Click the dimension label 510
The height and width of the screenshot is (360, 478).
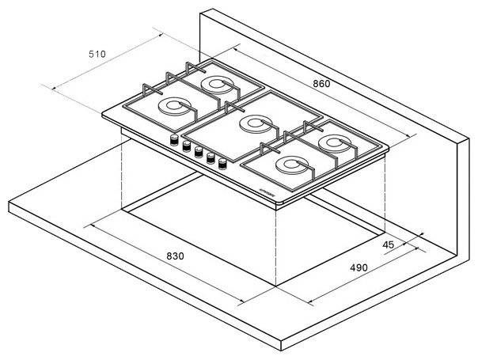coord(97,54)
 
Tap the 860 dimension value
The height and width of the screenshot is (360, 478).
coord(320,83)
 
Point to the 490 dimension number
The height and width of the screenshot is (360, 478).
coord(359,267)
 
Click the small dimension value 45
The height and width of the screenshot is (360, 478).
coord(388,244)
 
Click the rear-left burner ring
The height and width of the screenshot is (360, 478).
coord(216,83)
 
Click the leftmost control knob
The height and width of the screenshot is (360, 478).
coord(172,141)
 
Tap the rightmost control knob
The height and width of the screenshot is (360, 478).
coord(222,165)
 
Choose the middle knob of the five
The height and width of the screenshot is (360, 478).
coord(198,153)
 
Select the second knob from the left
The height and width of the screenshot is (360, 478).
coord(185,146)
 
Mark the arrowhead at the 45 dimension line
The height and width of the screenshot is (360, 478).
coord(421,234)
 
